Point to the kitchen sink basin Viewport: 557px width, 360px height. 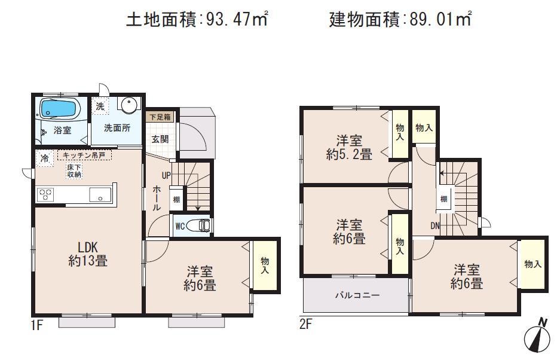pos(99,194)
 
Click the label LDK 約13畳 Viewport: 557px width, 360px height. pos(87,254)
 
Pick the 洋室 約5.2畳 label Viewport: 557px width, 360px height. pos(350,148)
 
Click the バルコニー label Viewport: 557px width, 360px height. pos(357,295)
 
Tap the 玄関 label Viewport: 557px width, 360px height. pos(159,139)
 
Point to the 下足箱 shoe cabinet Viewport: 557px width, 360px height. pos(160,117)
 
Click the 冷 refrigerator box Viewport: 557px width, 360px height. pos(45,158)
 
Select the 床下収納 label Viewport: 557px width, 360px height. pos(75,170)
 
